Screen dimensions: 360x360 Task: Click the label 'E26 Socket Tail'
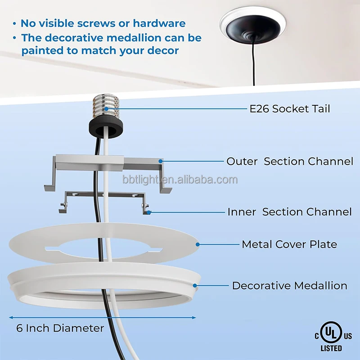coord(290,108)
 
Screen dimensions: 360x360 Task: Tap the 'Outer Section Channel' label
coord(290,161)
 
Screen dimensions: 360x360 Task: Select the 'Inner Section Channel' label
coord(289,211)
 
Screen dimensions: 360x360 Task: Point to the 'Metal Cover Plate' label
coord(289,244)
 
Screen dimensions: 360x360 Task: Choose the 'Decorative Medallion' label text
coord(289,285)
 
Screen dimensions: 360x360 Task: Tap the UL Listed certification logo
coord(333,335)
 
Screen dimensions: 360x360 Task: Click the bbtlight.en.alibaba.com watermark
coord(180,180)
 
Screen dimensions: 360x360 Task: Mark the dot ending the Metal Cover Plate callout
coord(198,244)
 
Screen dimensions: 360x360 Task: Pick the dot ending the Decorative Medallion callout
coord(195,285)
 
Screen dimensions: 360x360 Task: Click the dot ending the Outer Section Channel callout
coord(160,161)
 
